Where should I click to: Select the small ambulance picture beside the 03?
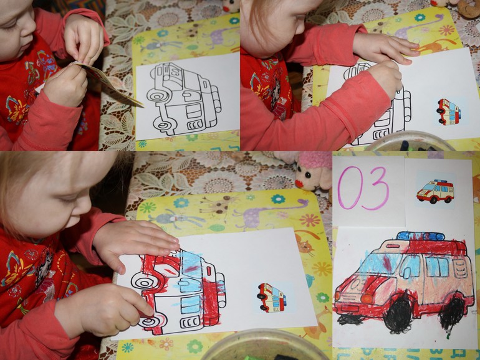[435, 191]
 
